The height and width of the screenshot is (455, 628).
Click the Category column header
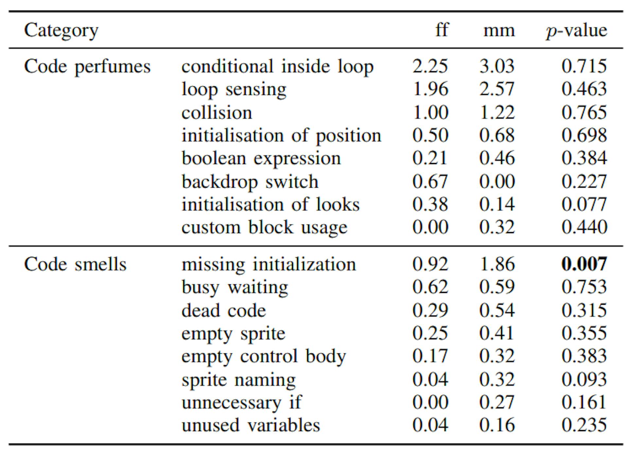click(61, 30)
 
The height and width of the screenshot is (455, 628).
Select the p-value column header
click(576, 30)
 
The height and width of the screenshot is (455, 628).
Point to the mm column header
click(499, 30)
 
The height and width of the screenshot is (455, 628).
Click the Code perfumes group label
click(87, 66)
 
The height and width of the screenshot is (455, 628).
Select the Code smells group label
click(75, 264)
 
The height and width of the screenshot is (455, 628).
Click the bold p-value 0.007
click(584, 264)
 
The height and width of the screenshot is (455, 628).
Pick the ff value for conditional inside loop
click(430, 66)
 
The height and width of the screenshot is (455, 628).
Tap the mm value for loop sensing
click(497, 89)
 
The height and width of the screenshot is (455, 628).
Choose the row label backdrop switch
click(250, 182)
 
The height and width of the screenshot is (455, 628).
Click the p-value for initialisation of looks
click(584, 205)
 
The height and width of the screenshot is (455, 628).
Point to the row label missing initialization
click(269, 264)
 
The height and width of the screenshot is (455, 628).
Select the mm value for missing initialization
click(497, 264)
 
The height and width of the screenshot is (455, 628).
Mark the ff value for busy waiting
click(430, 287)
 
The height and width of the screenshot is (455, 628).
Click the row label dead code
click(224, 310)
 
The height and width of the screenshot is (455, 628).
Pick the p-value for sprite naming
click(584, 379)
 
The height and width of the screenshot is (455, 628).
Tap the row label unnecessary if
click(242, 402)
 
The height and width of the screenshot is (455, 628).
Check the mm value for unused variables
click(497, 425)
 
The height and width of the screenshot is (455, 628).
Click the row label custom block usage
click(264, 227)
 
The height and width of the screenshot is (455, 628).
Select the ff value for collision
click(430, 113)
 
